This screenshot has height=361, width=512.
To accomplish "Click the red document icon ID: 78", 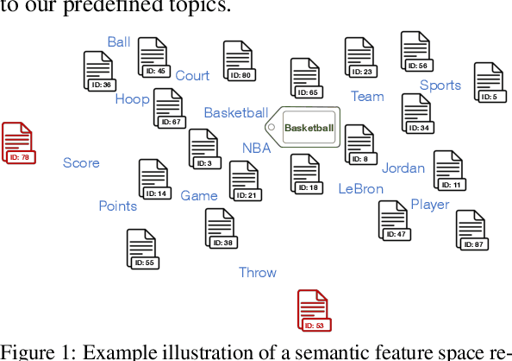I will [18, 143].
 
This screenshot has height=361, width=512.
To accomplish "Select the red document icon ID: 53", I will [314, 311].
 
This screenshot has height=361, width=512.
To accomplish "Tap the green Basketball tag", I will [305, 128].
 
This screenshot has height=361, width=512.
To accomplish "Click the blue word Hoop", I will [133, 99].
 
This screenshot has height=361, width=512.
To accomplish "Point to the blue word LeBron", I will [360, 188].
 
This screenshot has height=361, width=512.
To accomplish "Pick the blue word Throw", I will [258, 273].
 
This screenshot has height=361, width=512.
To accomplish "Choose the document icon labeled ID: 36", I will [99, 72].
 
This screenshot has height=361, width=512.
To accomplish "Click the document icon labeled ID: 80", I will [238, 61].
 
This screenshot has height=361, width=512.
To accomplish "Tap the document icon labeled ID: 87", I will [471, 230].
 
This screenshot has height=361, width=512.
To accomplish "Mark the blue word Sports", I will [440, 85].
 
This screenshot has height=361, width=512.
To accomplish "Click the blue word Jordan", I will [403, 168].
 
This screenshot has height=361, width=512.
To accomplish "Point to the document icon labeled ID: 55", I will [142, 249].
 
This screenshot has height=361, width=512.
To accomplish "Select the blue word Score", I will [81, 162].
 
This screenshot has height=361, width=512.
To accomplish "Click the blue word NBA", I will [256, 148].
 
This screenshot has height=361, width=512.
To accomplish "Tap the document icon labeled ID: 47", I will [394, 220].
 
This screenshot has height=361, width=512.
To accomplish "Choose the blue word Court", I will [192, 76].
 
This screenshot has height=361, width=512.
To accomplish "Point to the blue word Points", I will [117, 206].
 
